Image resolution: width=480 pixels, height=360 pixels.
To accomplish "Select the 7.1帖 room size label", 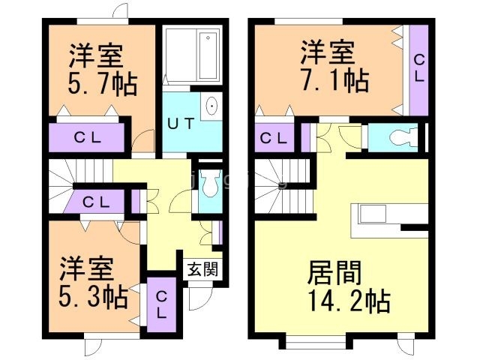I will click(x=336, y=79).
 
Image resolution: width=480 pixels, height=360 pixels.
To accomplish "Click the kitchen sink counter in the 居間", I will click(x=378, y=214).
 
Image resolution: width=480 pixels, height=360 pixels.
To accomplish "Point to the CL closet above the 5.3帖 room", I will click(x=97, y=201).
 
